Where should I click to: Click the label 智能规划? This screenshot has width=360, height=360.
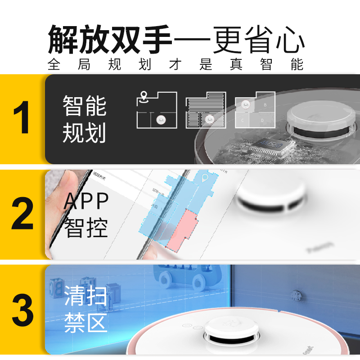84,119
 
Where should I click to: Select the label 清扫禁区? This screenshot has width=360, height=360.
85,310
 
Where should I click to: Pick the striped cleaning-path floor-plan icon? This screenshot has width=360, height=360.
205,111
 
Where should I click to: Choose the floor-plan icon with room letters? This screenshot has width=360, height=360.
255,111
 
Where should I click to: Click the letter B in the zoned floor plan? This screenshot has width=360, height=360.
265,105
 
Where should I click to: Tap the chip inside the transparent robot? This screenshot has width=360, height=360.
270,147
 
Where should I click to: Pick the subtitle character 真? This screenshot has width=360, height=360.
235,65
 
